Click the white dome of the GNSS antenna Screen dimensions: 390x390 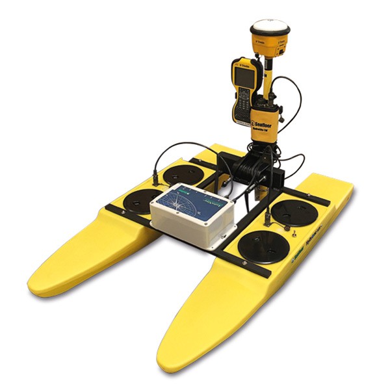[268, 28]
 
